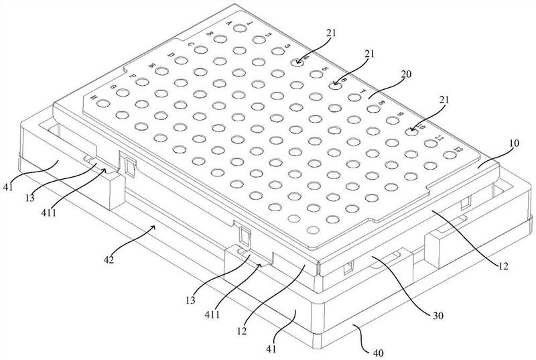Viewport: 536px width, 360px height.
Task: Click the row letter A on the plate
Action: (229, 23)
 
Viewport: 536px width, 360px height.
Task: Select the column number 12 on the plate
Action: (458, 147)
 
